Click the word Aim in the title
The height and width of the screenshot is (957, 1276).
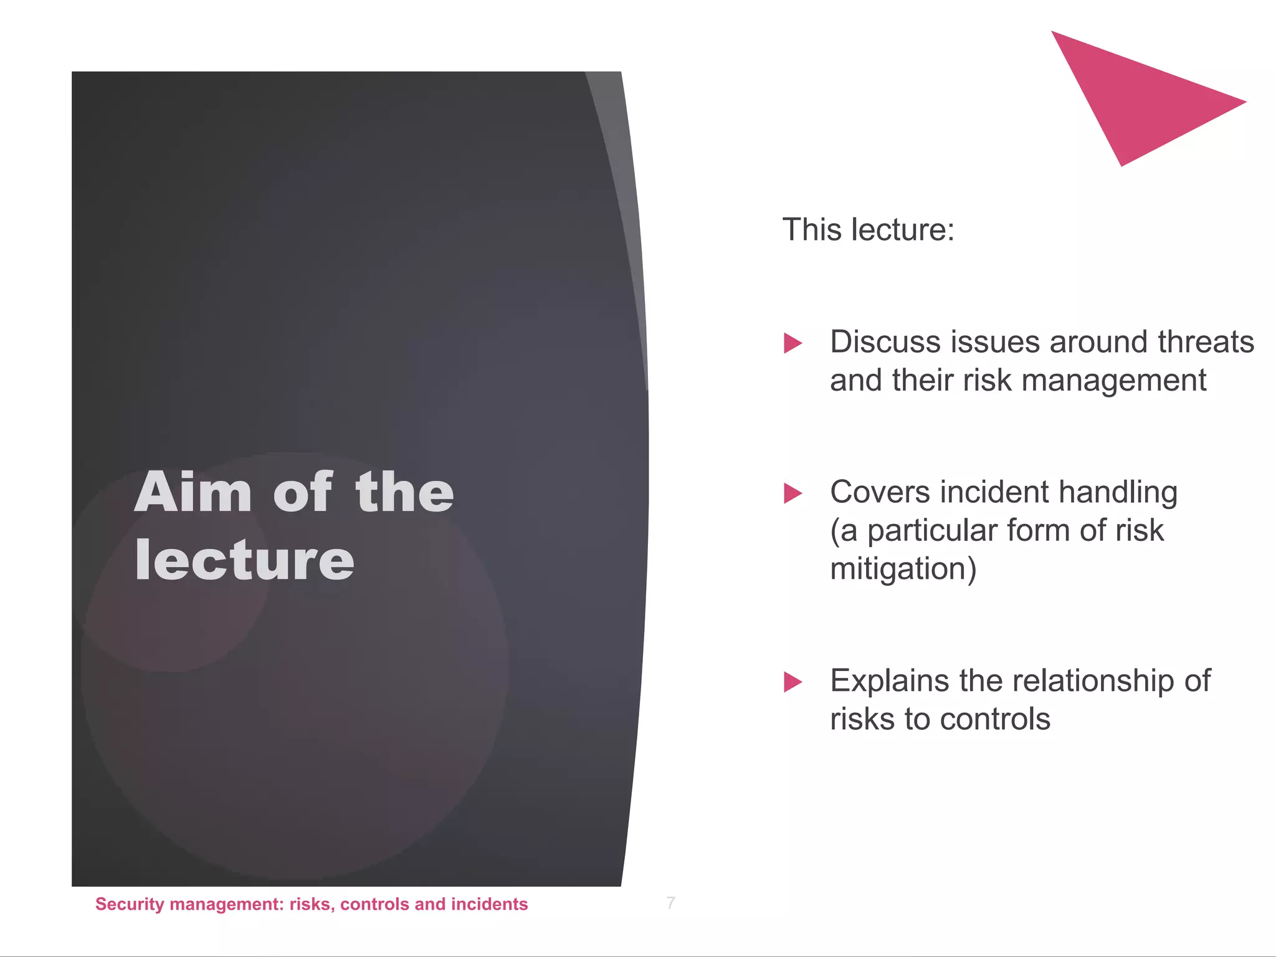193,492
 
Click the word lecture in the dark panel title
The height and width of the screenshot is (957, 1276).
244,560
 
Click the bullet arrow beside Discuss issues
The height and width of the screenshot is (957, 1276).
793,343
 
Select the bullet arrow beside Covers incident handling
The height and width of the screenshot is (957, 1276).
793,493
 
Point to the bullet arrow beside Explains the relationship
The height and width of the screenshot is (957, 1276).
793,682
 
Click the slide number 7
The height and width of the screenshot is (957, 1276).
670,903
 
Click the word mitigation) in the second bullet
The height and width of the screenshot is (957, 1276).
903,569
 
